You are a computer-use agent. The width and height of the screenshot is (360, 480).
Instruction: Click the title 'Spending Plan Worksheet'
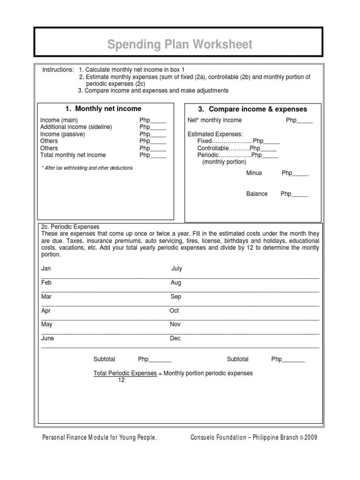[180, 45]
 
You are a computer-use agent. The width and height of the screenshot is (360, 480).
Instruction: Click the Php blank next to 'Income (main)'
[153, 120]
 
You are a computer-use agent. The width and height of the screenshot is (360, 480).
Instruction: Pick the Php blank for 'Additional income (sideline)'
[153, 127]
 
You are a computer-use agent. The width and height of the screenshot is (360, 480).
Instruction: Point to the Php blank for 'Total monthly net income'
[153, 155]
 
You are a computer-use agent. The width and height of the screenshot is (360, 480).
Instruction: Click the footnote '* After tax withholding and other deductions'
[87, 168]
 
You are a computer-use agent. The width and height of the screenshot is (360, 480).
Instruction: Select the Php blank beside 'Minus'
[295, 173]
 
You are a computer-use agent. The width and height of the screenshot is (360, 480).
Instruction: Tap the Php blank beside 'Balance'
[294, 194]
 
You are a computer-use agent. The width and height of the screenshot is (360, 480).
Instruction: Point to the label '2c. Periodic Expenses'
[70, 227]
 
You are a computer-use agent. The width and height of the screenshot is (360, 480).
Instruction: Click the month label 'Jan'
[46, 269]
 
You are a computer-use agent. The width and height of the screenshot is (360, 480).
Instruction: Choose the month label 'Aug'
[176, 283]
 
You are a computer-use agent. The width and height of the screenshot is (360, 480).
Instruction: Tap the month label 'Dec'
[175, 338]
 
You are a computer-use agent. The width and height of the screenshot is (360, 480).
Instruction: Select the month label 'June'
[48, 338]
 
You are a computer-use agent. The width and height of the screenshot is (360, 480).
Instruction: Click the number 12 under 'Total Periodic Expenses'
[121, 380]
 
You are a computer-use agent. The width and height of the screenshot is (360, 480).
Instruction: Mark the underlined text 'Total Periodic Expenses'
[125, 373]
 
